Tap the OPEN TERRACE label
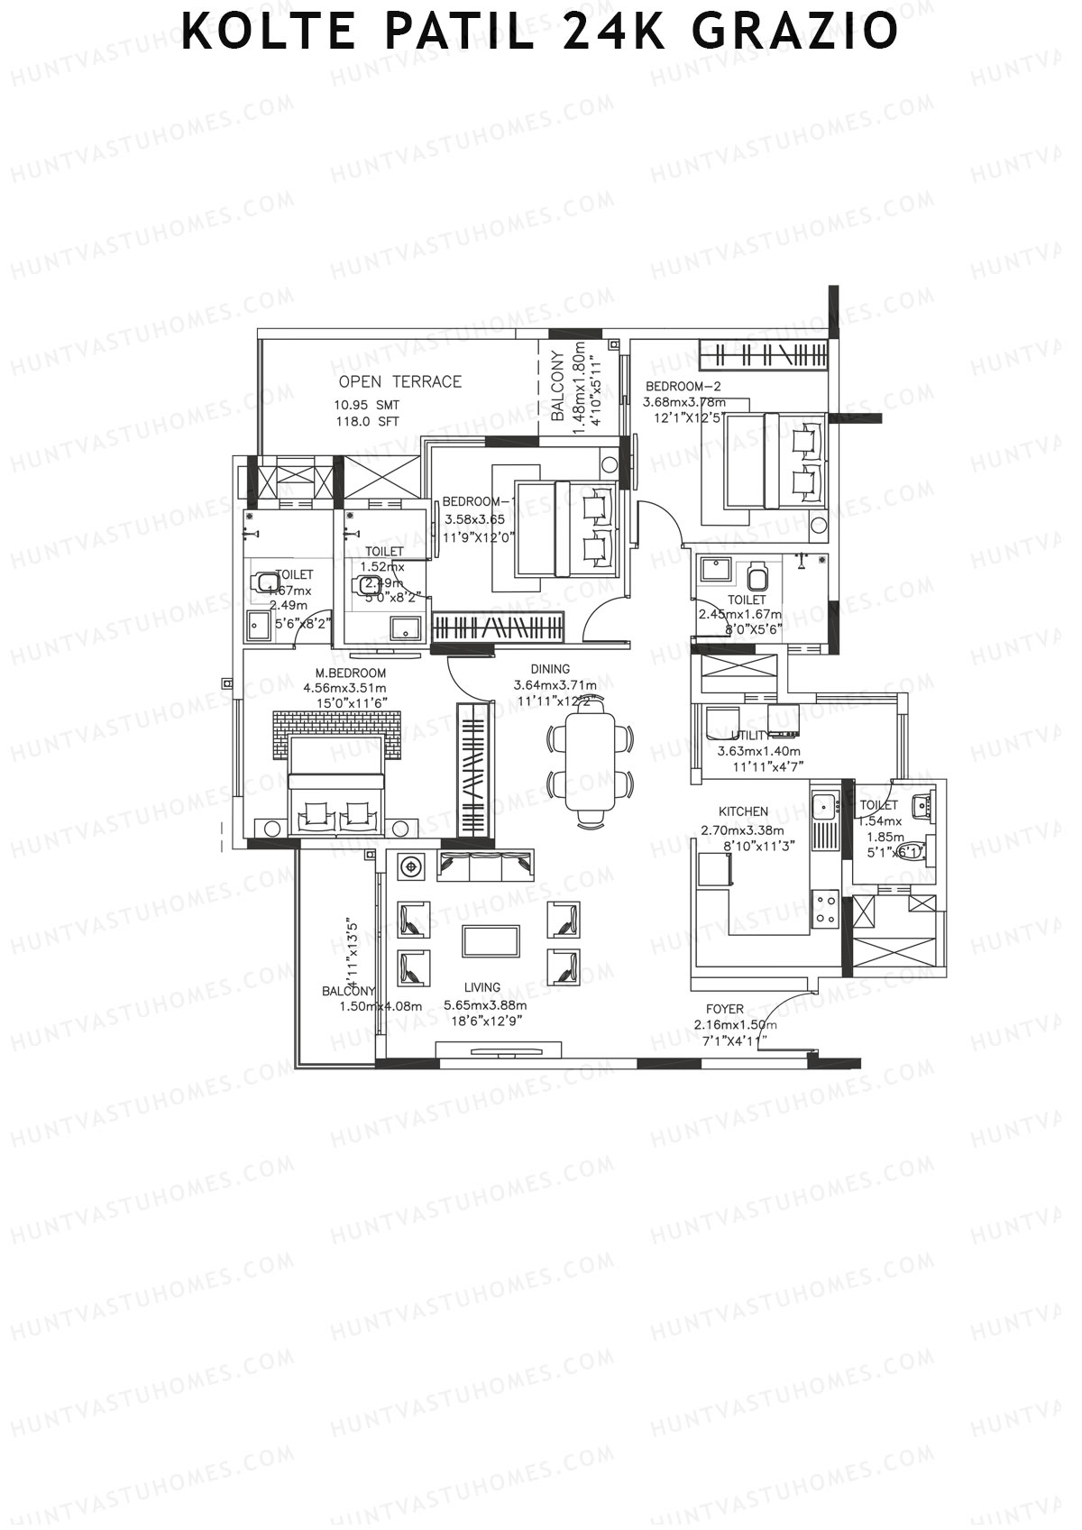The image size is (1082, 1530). click(x=399, y=382)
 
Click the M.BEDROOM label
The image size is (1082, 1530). click(x=350, y=673)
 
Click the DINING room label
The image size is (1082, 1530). click(x=550, y=669)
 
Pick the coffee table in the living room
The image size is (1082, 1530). click(x=491, y=941)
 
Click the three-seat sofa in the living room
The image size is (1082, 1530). click(x=486, y=865)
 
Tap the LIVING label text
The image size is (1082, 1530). click(x=482, y=987)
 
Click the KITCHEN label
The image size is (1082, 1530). click(x=743, y=811)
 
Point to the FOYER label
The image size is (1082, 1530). click(x=725, y=1010)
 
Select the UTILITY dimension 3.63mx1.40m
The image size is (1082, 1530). click(x=758, y=751)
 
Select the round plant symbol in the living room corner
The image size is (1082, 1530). click(x=412, y=866)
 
